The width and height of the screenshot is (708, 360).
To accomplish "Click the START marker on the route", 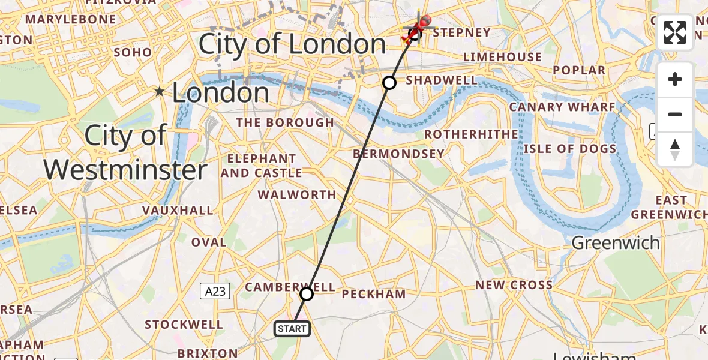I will point(292,328).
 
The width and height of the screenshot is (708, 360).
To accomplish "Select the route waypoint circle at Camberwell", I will point(307,294).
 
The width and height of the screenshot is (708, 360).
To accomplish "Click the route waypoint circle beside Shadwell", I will point(389,83).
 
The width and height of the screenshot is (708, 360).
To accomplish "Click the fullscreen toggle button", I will point(675,32).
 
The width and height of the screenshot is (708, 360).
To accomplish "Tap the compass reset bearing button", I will point(675,149).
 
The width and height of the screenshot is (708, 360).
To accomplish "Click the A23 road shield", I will point(214,292).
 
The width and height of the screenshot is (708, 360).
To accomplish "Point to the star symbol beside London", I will point(160,92).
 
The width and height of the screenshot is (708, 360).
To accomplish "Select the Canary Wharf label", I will point(562,107).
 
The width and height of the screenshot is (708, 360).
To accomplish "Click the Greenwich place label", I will point(616,243).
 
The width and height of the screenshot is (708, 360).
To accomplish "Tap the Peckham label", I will point(374,294).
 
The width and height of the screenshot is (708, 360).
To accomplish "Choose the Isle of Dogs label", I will point(569,149).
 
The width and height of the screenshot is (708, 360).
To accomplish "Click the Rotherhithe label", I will point(471,134).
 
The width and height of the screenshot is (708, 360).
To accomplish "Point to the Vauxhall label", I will point(178,210).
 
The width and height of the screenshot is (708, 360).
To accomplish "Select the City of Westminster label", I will point(125,153).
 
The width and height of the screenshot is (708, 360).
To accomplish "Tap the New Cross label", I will point(514,284).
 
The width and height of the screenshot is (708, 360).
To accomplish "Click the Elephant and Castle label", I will point(261,166).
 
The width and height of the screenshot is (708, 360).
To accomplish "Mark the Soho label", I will point(133,52).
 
